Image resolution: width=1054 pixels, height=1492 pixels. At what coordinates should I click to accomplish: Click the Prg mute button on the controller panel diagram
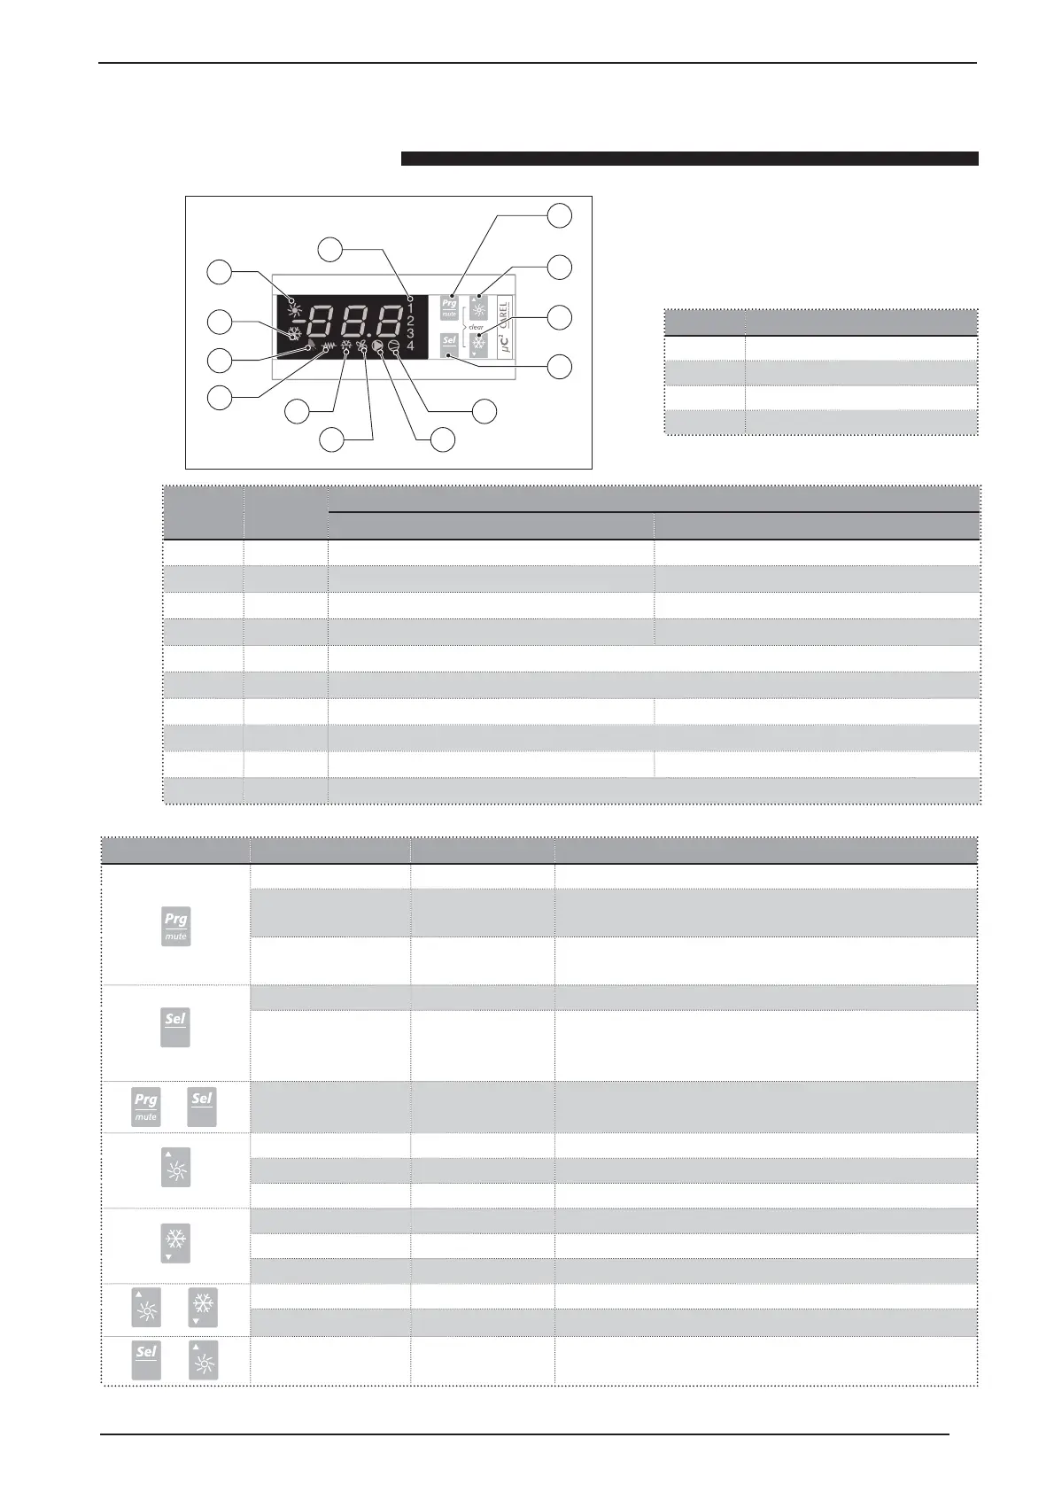coord(449,307)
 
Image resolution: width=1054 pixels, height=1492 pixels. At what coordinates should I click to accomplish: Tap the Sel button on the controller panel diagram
coord(449,343)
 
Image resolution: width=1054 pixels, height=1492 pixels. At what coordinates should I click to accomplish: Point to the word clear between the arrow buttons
coord(476,327)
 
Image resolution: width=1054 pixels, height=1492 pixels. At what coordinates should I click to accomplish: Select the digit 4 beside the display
coord(410,345)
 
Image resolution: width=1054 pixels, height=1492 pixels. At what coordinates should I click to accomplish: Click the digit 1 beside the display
coord(410,307)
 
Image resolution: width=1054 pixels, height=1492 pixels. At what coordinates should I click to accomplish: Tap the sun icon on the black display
coord(293,299)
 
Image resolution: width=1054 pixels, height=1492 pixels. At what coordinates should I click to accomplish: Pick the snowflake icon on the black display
coord(293,334)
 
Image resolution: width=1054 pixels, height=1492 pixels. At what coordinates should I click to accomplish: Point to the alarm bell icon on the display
coord(311,347)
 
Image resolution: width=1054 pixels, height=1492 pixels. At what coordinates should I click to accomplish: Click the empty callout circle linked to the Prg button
coord(558,215)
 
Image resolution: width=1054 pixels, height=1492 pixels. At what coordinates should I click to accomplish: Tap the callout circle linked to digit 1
coord(331,249)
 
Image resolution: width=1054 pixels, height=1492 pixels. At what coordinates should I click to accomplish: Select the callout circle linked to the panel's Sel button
coord(558,366)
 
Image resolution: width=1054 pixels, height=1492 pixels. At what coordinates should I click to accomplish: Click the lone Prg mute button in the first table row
coord(175,926)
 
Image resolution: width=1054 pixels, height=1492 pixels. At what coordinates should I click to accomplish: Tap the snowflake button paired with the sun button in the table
coord(204,1308)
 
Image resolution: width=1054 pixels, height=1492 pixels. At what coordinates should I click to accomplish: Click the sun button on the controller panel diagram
coord(478,307)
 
